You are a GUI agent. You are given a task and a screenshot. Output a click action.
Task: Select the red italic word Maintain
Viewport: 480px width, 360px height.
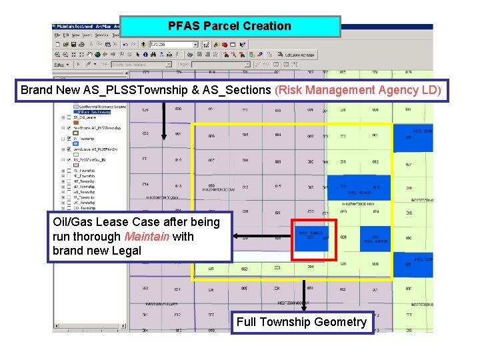(x=146, y=236)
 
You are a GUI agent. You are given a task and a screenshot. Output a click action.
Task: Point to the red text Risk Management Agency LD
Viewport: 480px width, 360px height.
(x=357, y=89)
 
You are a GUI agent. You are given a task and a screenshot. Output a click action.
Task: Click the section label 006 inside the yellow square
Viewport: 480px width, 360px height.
(x=211, y=135)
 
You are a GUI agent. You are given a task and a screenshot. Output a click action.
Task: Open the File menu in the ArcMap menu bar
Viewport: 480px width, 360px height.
(x=57, y=35)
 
